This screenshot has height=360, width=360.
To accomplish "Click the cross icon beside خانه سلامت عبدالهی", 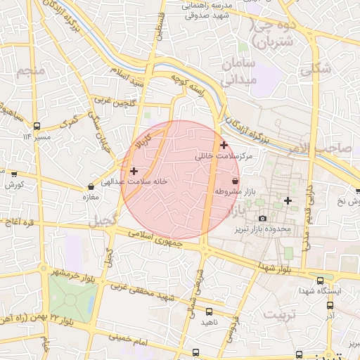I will [x=134, y=171].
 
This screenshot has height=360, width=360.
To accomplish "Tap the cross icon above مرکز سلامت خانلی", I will [x=224, y=146].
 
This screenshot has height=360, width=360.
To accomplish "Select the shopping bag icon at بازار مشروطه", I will [x=245, y=181].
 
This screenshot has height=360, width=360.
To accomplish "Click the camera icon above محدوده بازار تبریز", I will [x=262, y=219].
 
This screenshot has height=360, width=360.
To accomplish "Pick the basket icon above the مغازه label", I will [x=91, y=187].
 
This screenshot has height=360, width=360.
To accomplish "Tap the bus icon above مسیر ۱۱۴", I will [x=36, y=125].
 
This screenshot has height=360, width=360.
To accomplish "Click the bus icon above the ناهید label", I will [x=209, y=311].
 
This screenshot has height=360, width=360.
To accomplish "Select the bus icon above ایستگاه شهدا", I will [x=321, y=280].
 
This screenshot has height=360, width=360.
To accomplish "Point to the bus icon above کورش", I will [x=13, y=174].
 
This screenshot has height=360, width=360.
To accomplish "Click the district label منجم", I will [x=33, y=70].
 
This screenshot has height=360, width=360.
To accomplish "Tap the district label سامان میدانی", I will [x=239, y=72].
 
